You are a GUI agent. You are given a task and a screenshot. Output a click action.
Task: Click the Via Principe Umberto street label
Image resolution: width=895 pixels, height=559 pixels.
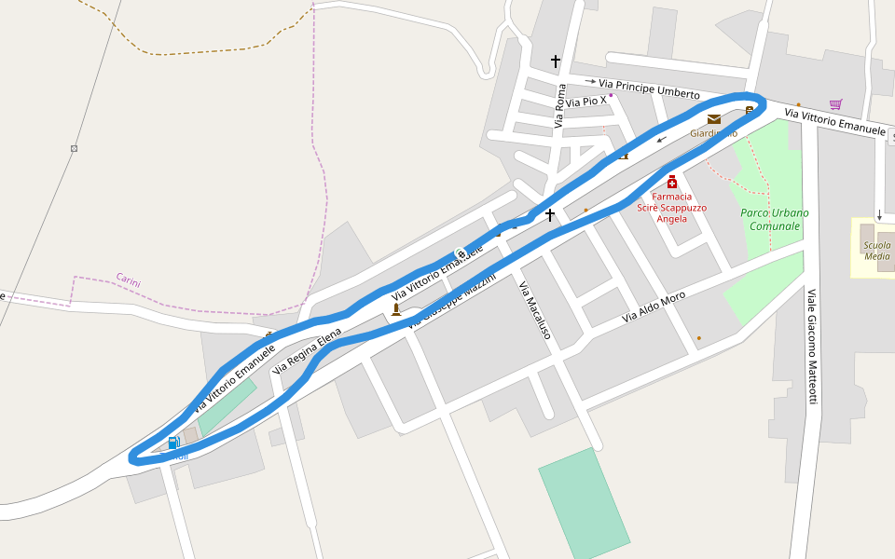[x=649, y=89]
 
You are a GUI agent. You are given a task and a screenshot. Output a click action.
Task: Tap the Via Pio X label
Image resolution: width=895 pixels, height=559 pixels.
[x=585, y=101]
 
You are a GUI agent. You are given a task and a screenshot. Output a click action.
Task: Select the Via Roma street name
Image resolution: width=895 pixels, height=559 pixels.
[x=560, y=105]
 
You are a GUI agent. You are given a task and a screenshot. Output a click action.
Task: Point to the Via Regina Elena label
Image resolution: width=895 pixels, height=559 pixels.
[x=307, y=350]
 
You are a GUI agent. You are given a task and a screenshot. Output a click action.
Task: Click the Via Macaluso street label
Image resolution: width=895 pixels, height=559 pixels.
[x=535, y=309]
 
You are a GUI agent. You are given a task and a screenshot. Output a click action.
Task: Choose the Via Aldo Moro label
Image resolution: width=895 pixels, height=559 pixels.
[x=654, y=307]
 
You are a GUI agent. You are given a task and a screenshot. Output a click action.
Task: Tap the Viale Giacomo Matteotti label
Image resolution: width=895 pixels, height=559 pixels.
[x=811, y=346]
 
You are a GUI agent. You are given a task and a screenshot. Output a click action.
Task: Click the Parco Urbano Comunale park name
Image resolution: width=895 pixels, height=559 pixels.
[x=774, y=219]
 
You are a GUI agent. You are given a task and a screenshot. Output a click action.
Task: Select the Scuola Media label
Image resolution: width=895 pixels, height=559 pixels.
[x=876, y=251]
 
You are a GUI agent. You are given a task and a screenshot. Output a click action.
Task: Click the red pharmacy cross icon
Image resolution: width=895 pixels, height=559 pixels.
[x=671, y=182]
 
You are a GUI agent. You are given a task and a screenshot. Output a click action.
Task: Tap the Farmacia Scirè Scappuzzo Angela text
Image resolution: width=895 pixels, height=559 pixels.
[x=671, y=208]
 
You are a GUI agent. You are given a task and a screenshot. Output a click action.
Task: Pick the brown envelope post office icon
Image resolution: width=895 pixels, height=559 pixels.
[x=714, y=119]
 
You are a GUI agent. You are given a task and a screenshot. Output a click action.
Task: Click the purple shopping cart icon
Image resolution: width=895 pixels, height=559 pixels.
[x=835, y=104]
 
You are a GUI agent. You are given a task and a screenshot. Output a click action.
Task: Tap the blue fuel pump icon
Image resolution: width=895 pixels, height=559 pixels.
[x=173, y=443]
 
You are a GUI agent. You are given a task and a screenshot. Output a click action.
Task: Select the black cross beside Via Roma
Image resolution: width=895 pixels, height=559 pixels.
[x=556, y=61]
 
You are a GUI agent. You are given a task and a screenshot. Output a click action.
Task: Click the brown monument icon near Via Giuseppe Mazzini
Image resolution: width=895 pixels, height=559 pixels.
[x=396, y=309]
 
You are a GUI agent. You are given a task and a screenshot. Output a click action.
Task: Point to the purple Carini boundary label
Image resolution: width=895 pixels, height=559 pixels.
[x=129, y=279]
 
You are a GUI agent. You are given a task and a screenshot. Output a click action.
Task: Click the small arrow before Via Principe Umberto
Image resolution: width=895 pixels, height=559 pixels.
[x=590, y=82]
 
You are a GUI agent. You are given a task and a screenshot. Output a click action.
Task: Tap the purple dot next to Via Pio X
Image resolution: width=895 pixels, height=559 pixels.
[x=612, y=95]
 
